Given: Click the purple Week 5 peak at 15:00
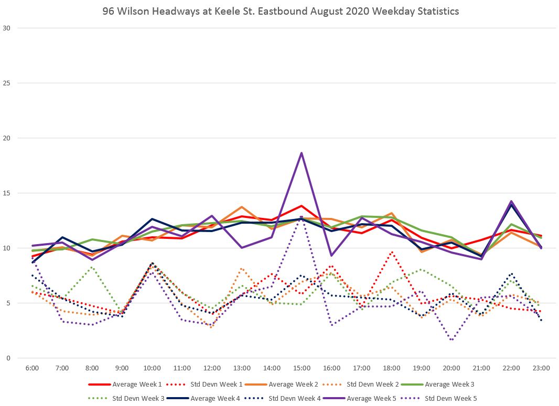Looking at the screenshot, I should coord(302,153).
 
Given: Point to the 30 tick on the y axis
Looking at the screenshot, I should coord(7,28).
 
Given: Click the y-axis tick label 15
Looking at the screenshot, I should coord(7,193).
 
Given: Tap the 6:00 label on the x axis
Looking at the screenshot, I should coord(32,368).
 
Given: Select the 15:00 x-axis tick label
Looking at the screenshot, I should coord(302,368).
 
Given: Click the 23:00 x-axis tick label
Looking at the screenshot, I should coord(541,368).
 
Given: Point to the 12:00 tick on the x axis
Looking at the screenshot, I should coord(212,368).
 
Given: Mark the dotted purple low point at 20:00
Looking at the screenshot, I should coord(451,340).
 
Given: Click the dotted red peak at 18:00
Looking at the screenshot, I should coord(391,252).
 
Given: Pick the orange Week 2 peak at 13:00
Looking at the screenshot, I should coord(242,207).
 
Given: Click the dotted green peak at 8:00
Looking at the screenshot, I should coord(92,267).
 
